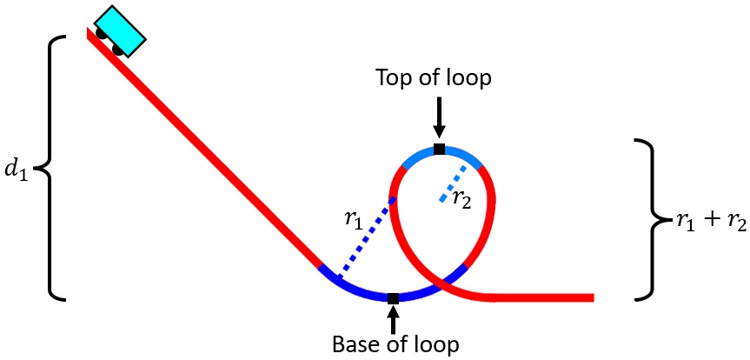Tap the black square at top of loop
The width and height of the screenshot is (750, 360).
439,150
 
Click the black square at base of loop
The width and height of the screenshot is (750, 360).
393,298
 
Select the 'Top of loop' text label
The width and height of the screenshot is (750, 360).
434,78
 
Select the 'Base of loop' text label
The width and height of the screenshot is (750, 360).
395,344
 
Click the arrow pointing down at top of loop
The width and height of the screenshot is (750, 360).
439,116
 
